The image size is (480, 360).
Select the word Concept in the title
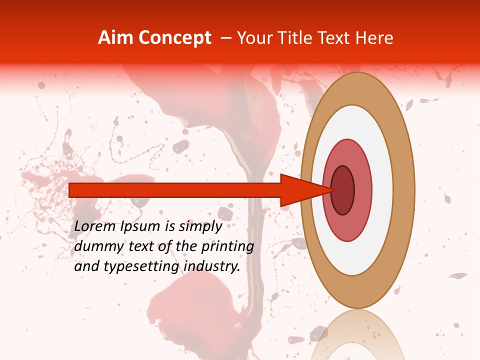pos(174,38)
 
